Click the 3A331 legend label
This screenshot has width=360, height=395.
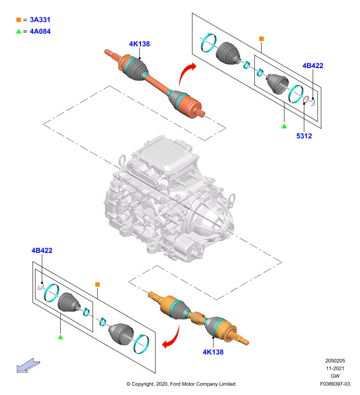(x=40, y=20)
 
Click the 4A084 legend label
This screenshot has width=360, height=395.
(x=40, y=32)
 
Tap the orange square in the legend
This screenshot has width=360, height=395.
(x=19, y=20)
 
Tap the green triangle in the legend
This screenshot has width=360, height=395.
(x=19, y=31)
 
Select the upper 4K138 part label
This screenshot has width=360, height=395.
(x=140, y=44)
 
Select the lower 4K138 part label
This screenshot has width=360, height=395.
(x=213, y=352)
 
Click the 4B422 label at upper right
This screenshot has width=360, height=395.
(x=313, y=66)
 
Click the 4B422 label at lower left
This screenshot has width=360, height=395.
(x=42, y=250)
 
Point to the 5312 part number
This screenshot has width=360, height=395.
(x=304, y=136)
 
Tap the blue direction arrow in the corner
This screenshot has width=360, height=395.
(x=28, y=366)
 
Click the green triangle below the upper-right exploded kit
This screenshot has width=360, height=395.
(x=284, y=126)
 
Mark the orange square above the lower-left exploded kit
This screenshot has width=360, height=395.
(x=98, y=284)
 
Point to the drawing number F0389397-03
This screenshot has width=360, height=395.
(x=335, y=384)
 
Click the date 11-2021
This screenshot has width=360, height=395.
(x=335, y=368)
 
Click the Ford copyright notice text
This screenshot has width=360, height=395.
(x=181, y=384)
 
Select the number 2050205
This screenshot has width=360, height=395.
(x=335, y=361)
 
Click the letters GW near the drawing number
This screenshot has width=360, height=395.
(x=335, y=376)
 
